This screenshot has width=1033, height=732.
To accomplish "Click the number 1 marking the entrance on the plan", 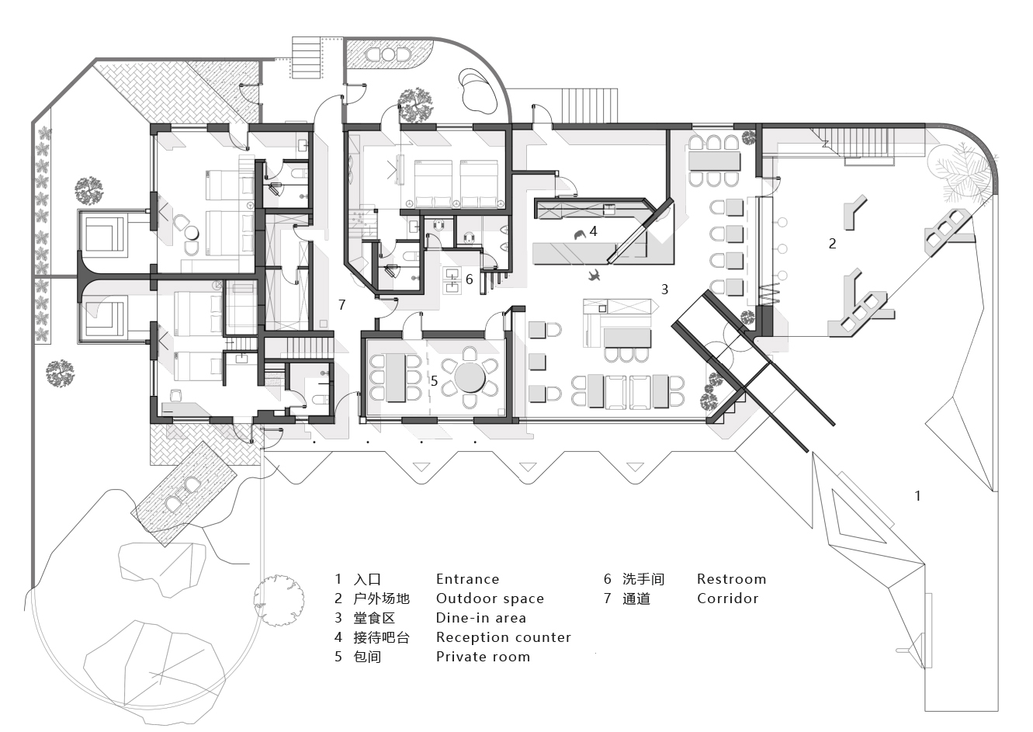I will pos(918,495).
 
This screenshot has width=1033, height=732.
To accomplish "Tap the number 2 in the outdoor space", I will pos(832,243).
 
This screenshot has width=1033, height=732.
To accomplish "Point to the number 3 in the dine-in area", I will pos(664,289).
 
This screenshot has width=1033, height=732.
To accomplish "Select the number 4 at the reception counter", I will pos(593,231).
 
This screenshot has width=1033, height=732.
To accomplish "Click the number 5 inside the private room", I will pos(434,381).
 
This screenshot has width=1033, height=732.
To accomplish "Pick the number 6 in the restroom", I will pos(469,279).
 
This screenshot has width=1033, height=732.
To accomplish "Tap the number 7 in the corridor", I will pos(341,305).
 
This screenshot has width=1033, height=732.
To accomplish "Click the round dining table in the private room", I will pos(470,378).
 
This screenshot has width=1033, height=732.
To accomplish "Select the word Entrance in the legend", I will pos(467,579).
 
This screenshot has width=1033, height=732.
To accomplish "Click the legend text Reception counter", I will pos(503,637).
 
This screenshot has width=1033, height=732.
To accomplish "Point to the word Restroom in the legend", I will pos(731,579).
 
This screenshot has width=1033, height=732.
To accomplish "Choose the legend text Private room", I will pos(483,657).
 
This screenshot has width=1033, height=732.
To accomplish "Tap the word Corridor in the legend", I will pos(727,598).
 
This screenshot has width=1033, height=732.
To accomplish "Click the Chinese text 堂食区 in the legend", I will pos(374,618).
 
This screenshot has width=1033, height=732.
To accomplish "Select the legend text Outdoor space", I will pos(490,598).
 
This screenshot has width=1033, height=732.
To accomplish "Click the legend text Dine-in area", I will pos(480,618).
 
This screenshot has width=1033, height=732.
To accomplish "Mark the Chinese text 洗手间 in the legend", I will pos(643,579).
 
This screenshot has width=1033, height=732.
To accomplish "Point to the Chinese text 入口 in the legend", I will pos(367,579).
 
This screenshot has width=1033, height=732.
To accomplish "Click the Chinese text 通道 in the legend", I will pos(636,598).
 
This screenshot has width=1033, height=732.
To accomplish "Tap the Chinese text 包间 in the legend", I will pos(367,657).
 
